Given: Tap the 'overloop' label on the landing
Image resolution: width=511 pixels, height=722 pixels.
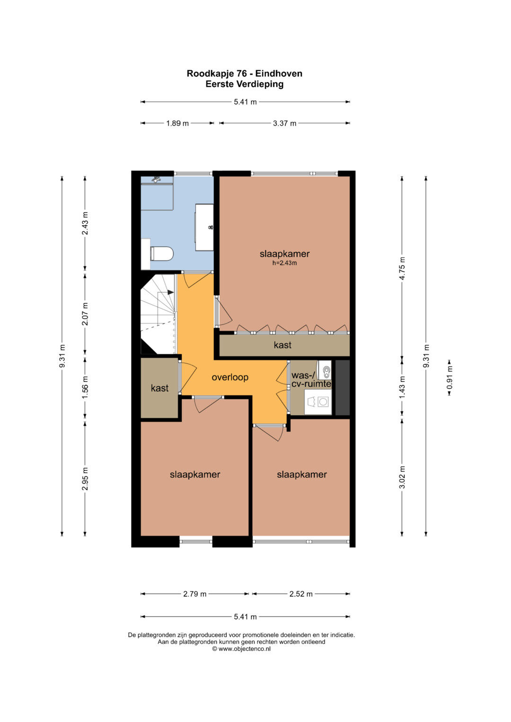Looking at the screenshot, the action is point(229,377).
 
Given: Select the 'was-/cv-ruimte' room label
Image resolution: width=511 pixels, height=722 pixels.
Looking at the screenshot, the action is point(311,379).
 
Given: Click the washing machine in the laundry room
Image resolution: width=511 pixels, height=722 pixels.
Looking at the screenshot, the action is point(318,401).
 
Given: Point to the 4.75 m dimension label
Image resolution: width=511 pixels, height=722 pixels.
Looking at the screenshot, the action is point(402,269).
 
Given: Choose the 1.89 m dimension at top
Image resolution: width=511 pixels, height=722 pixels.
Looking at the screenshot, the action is point(177,123).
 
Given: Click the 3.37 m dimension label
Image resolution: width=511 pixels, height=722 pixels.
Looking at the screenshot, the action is point(284,123).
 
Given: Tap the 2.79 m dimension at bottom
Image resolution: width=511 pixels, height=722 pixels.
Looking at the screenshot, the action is point(194,594).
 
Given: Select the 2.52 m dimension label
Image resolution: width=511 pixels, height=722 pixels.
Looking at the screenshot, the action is point(300,594).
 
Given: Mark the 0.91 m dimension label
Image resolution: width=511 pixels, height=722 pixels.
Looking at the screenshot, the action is point(449,377).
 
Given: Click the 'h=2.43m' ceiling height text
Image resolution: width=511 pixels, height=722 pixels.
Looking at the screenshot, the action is point(284,263).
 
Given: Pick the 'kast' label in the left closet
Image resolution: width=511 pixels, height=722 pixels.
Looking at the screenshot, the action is point(160,388).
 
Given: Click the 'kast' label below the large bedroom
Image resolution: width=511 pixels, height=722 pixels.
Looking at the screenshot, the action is point(282,345).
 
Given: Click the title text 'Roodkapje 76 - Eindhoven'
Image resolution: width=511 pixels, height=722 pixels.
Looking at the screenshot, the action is point(245,73).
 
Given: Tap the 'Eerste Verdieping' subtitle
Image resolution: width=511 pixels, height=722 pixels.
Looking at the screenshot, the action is point(245,84).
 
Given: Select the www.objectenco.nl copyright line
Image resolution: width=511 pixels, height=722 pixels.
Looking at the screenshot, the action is point(241,649).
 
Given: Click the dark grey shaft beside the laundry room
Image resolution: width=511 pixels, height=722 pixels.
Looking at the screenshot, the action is point(343,387).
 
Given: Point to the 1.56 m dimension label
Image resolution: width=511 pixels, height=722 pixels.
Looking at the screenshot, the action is point(85,387).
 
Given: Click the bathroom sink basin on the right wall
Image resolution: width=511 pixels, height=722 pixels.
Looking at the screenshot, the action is point(204,227).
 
